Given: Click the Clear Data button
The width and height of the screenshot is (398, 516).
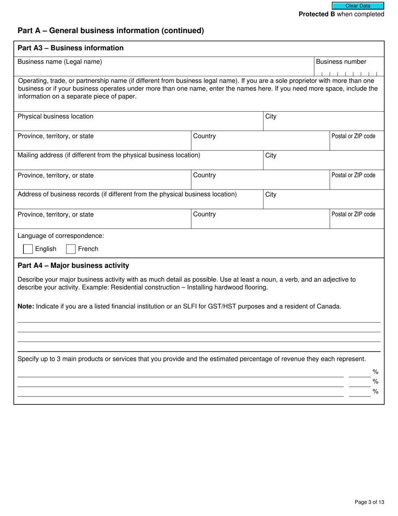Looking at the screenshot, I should coord(358,6).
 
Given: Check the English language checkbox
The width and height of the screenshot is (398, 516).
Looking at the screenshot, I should coord(28,249).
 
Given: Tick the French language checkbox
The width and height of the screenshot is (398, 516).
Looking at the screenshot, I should coord(71,249).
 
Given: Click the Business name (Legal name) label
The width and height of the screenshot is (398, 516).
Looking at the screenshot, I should coord(59,62).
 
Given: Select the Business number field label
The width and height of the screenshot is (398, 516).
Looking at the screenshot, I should coord(341,62).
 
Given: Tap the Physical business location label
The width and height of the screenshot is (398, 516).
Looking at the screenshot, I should coord(55,117).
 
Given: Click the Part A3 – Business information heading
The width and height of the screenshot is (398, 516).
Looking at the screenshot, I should coord(70,48).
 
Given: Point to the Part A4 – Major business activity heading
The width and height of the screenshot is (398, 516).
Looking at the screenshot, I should coord(73,266).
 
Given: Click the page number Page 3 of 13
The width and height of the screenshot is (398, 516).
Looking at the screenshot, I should coord(369,502).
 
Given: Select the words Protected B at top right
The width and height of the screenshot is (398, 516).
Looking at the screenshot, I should coord(317,14).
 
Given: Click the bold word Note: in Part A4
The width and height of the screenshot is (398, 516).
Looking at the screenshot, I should coord(26,307).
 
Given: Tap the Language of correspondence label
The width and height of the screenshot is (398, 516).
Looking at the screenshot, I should coord(61,236).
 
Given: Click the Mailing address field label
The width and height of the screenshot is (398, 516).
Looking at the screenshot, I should coord(109,156).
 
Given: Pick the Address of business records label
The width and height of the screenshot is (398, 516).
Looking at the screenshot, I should coord(127,195).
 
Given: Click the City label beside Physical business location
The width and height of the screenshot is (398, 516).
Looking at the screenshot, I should coord(271,117).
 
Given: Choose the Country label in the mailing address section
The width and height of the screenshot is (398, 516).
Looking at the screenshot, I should coord(204,175).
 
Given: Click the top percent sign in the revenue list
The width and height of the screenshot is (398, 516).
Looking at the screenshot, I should coord(375,372).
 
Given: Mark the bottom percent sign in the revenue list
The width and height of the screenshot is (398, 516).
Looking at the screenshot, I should coord(375,392).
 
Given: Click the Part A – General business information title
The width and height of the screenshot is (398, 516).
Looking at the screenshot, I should coord(111,31).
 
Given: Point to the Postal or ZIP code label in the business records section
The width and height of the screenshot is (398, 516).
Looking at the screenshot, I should coord(353,214).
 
